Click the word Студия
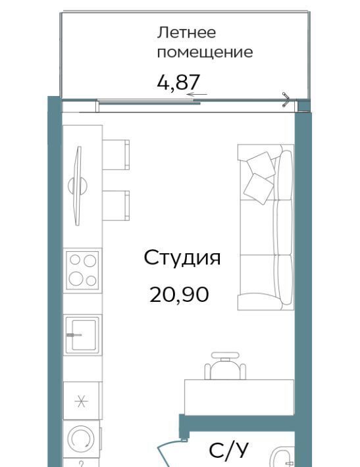click(x=182, y=258)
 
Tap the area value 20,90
click(x=179, y=295)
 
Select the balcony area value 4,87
click(x=178, y=82)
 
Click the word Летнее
click(x=186, y=32)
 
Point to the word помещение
click(x=205, y=53)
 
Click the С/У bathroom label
click(x=229, y=451)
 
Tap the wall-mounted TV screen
click(x=78, y=186)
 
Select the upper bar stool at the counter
click(x=116, y=155)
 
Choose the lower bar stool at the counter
click(x=116, y=206)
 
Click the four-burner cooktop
click(x=82, y=270)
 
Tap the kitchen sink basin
click(x=82, y=335)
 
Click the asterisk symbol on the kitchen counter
click(x=82, y=401)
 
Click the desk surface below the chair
click(x=239, y=397)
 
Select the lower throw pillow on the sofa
click(x=259, y=189)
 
